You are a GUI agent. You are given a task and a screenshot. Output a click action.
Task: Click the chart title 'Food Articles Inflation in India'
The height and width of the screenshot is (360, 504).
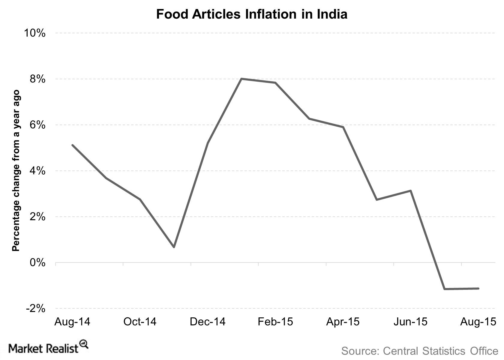coord(252,14)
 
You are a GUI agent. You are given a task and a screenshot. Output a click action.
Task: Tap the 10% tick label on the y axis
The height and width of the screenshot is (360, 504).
coord(34,33)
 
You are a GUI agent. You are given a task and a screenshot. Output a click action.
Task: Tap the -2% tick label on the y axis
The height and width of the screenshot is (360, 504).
coord(35,308)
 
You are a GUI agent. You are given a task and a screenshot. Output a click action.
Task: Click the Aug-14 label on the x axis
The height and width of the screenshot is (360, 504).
coord(72,322)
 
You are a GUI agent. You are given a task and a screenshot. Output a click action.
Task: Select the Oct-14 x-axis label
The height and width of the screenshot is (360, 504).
coord(140,322)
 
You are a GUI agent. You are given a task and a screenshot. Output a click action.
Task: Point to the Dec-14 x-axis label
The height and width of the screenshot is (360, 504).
coord(208,322)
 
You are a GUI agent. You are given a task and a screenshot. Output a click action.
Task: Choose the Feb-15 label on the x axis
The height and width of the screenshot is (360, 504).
coord(275,322)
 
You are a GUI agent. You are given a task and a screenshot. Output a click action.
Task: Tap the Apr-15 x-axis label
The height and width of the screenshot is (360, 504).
coord(343,322)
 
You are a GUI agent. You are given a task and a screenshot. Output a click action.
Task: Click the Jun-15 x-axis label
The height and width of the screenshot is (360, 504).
coord(410,322)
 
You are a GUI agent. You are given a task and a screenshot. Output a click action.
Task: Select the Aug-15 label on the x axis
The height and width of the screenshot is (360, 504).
coord(478,322)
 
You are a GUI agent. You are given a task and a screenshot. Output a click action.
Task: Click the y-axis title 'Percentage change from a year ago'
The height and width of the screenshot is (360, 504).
coord(16,170)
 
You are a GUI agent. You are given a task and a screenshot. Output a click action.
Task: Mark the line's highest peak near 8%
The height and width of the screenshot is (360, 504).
coord(241,79)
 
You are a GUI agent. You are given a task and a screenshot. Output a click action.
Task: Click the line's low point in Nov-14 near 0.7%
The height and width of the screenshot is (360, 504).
coord(174,247)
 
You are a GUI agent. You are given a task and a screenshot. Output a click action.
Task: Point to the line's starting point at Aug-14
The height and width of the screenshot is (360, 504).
coord(73,145)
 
